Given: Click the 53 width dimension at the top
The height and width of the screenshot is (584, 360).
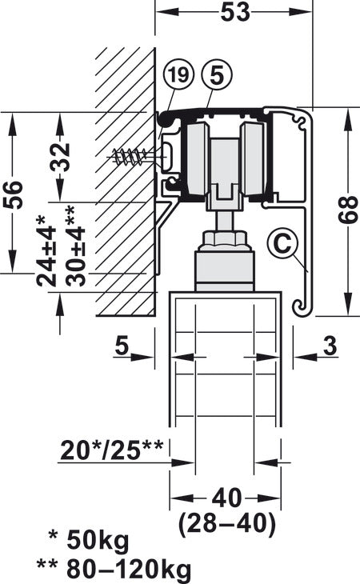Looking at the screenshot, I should tap(234, 12).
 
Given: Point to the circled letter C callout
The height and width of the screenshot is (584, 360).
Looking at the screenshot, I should tap(279, 240).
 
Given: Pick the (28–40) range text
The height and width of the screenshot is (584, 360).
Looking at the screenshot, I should tap(227, 525).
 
